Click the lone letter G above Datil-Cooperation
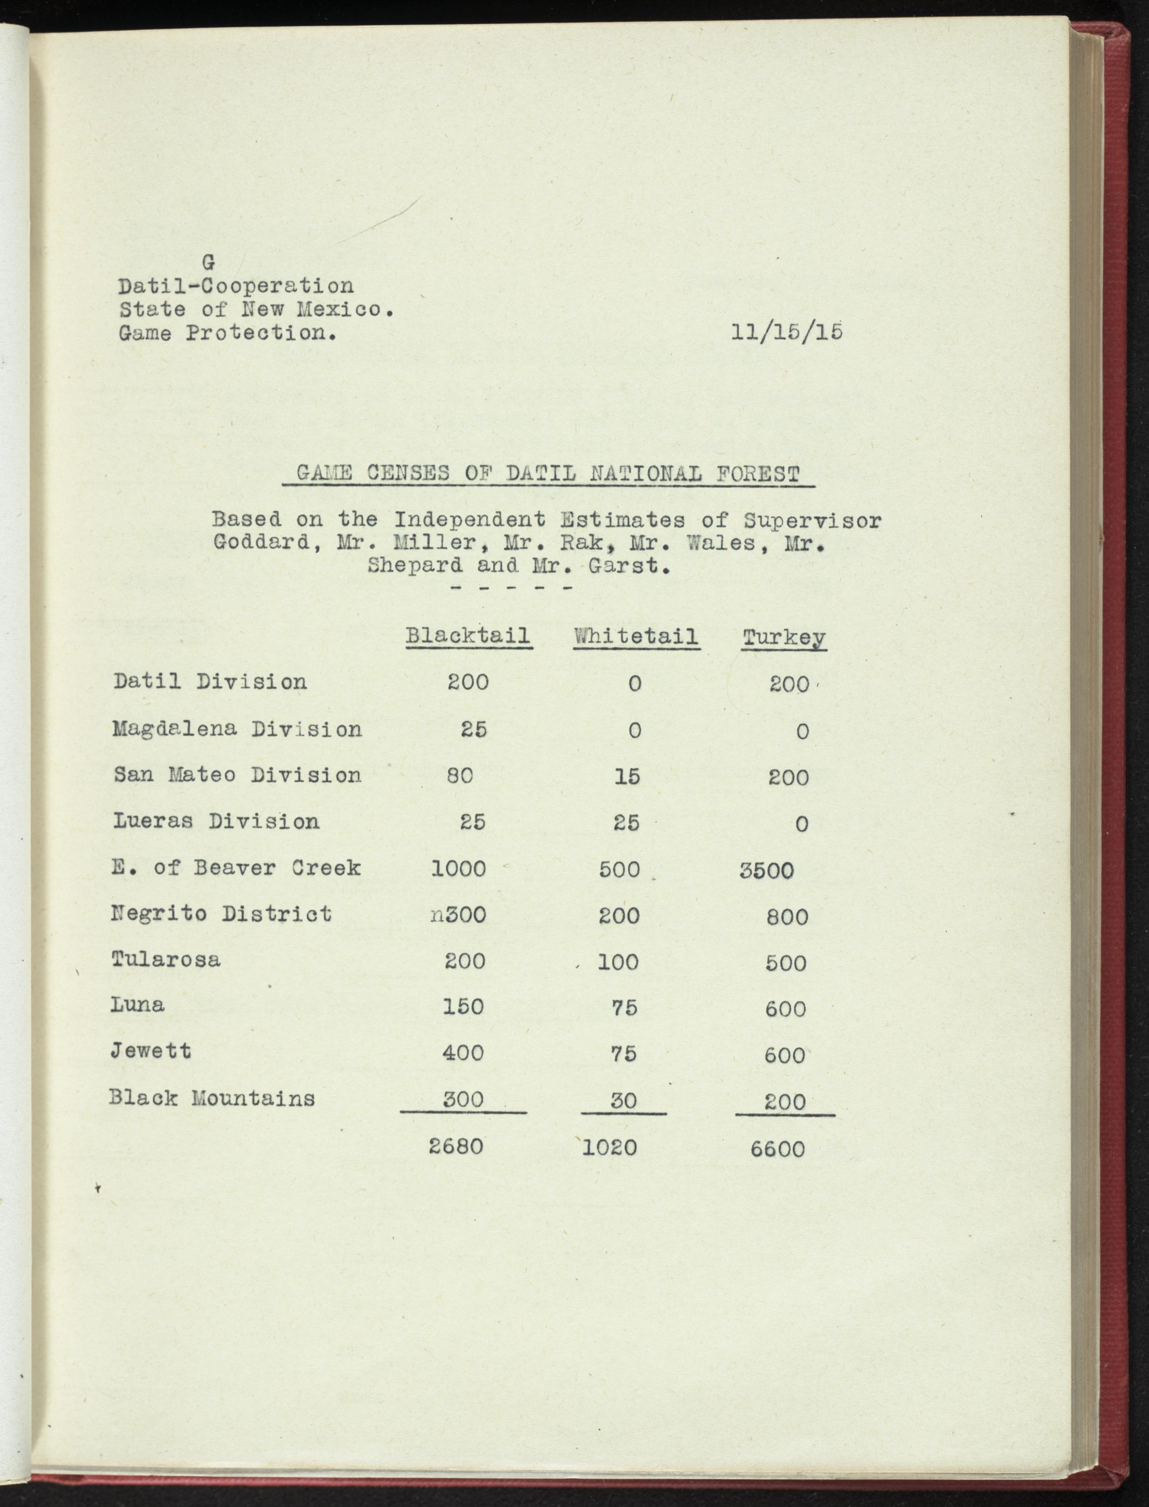pos(209,262)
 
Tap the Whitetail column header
pos(636,636)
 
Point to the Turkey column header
pos(784,638)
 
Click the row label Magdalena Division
pos(237,729)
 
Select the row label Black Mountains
pos(212,1098)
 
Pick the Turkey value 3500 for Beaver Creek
pos(767,871)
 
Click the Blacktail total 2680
pos(456,1146)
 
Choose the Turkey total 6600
pos(778,1149)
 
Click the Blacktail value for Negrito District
pos(459,915)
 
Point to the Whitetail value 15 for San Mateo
pos(626,776)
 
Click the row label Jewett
pos(151,1050)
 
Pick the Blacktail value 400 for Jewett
pos(463,1053)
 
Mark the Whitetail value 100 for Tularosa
pos(618,962)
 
